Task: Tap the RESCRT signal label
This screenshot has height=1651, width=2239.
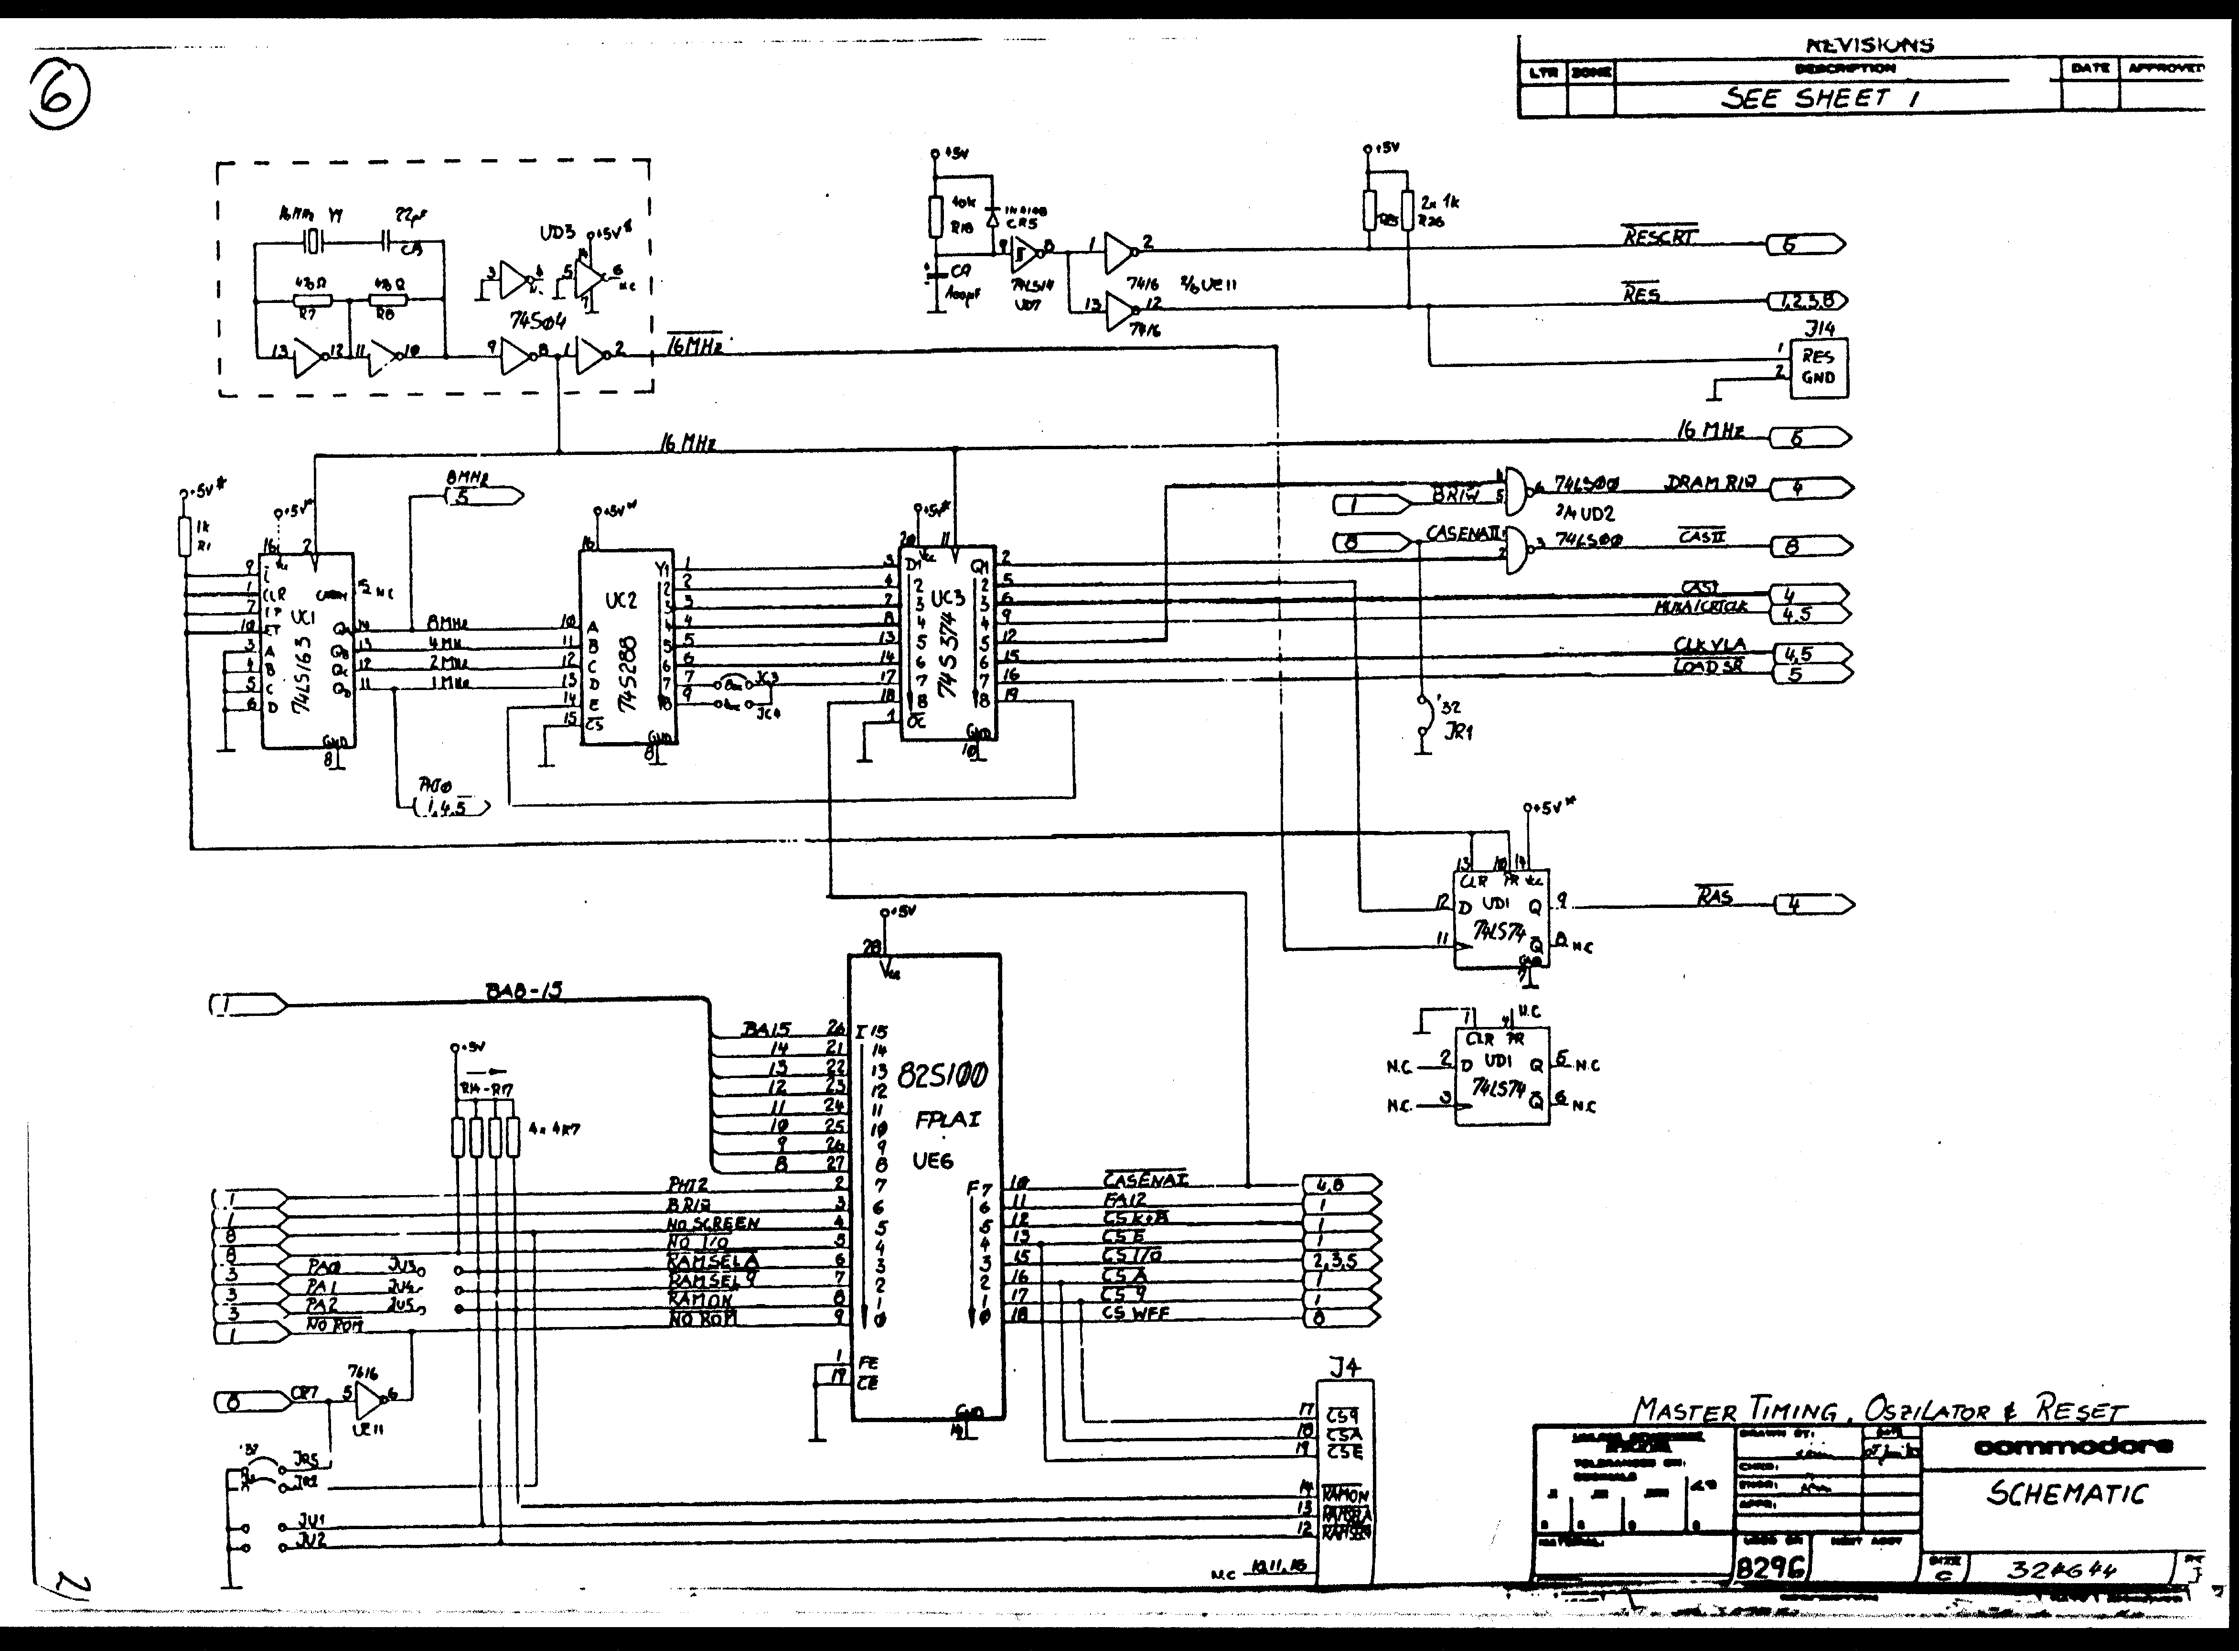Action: pyautogui.click(x=1659, y=237)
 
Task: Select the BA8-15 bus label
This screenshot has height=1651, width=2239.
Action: pyautogui.click(x=524, y=991)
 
